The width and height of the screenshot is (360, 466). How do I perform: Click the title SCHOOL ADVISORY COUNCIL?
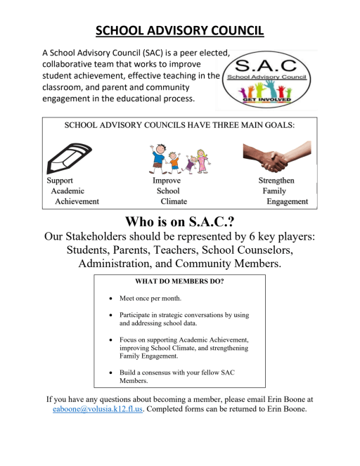pos(180,31)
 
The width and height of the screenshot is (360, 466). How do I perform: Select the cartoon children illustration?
pos(179,158)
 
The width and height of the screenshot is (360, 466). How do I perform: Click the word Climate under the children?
pos(174,202)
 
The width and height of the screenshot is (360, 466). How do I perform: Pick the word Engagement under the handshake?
pos(287,202)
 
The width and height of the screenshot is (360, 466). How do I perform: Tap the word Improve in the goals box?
pos(167,181)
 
